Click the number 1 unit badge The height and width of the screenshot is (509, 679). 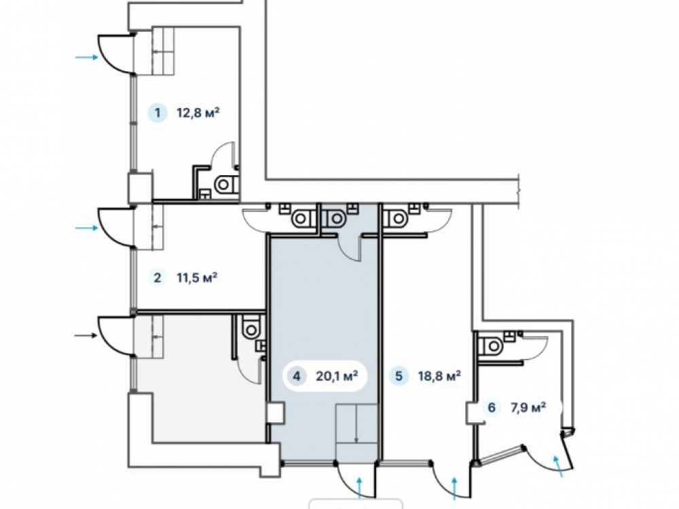point(158,113)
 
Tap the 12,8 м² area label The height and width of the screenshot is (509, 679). point(198,113)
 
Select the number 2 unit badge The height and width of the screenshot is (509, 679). point(158,278)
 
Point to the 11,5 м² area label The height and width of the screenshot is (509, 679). point(197,277)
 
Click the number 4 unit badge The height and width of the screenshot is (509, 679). point(296,376)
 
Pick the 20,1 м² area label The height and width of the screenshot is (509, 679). point(337,376)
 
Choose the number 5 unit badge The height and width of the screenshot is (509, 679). point(399,376)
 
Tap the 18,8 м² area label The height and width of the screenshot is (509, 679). point(439,376)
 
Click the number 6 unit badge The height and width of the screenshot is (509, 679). point(491,407)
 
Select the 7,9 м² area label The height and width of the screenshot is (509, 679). point(528,407)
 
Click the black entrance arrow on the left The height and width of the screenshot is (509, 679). point(87,335)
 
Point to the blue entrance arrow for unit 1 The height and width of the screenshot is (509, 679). point(87,57)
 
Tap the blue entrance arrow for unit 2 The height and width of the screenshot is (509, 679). point(87,227)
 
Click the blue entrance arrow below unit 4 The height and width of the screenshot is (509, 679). point(359,487)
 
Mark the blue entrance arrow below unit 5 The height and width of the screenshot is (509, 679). point(454,487)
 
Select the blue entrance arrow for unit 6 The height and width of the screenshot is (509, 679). point(558,466)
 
